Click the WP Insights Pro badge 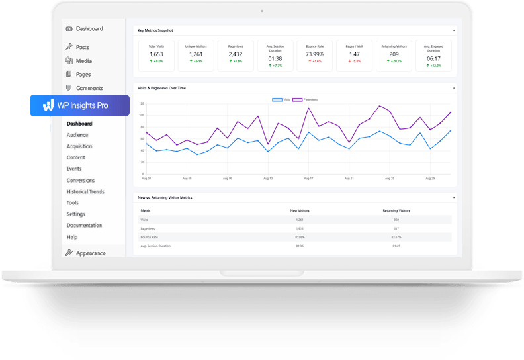(x=79, y=105)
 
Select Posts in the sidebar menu (x=82, y=47)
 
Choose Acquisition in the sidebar (x=79, y=146)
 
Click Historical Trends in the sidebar (x=85, y=192)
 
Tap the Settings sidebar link (x=75, y=214)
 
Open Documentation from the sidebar (x=84, y=226)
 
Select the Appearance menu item (x=90, y=253)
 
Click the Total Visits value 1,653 (x=156, y=54)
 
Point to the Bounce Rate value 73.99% (x=315, y=54)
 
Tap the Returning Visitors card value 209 (x=394, y=54)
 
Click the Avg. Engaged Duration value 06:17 (x=434, y=58)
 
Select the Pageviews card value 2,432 (x=236, y=54)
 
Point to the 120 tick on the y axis (x=140, y=103)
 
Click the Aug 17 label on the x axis (x=308, y=178)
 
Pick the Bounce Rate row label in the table (x=148, y=236)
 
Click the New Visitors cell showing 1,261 (x=300, y=219)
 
